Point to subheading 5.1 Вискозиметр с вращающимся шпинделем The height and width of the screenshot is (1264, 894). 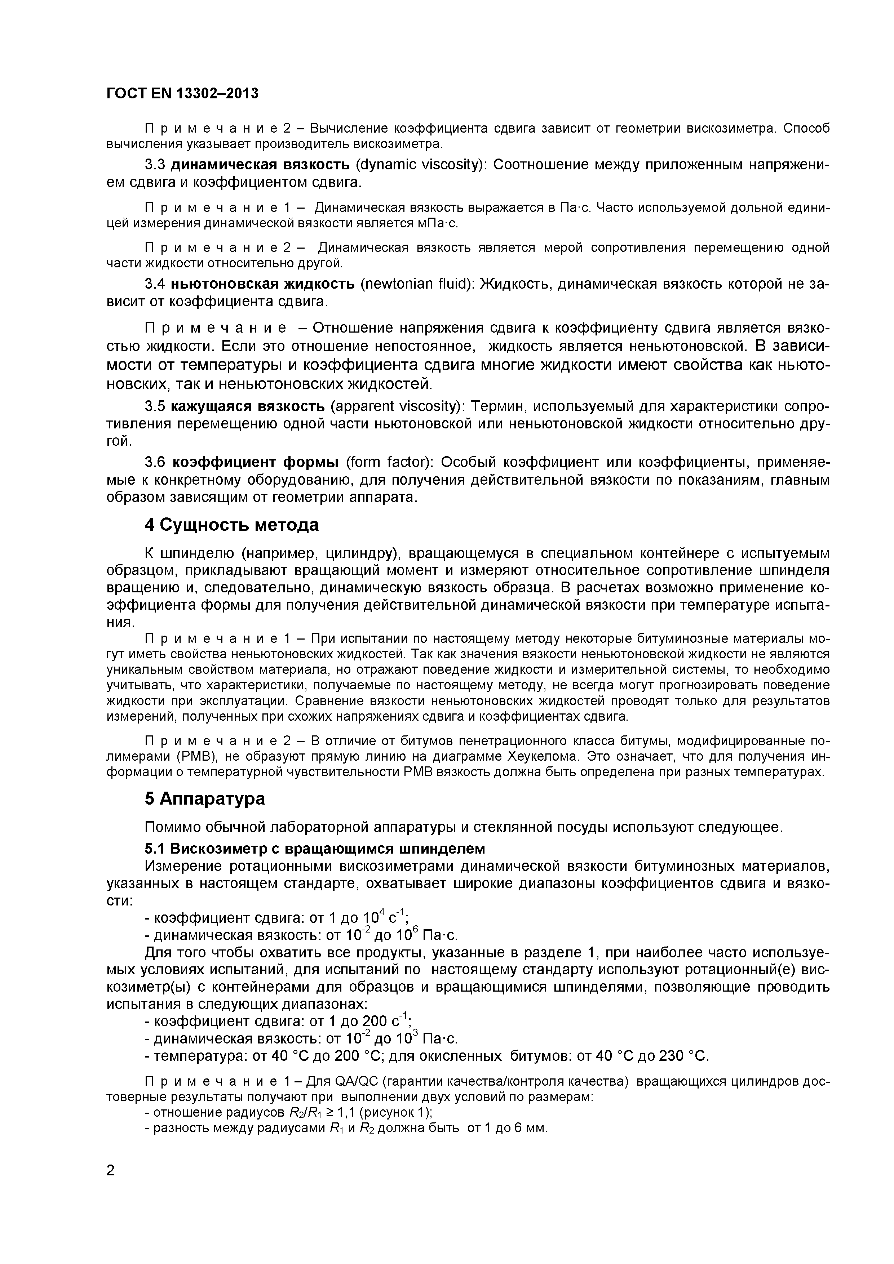(x=315, y=848)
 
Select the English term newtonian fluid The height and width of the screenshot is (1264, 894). (x=417, y=284)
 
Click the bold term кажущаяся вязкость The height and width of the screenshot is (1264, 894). (x=247, y=406)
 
